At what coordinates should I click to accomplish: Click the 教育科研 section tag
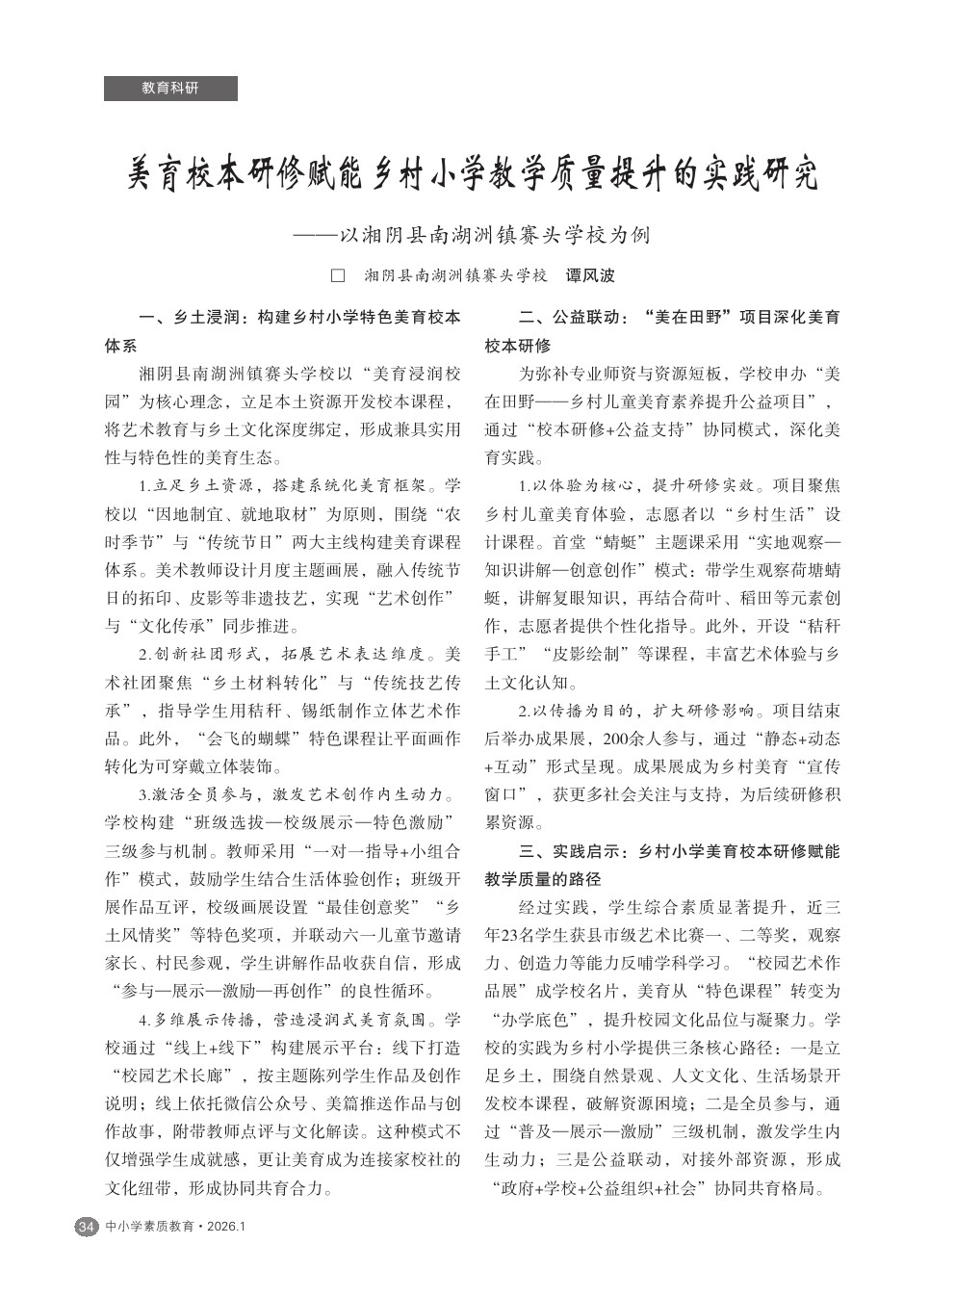[x=170, y=88]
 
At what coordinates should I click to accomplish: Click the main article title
[x=474, y=175]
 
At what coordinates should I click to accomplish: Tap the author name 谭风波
[x=589, y=275]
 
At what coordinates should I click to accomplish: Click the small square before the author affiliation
[x=338, y=275]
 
